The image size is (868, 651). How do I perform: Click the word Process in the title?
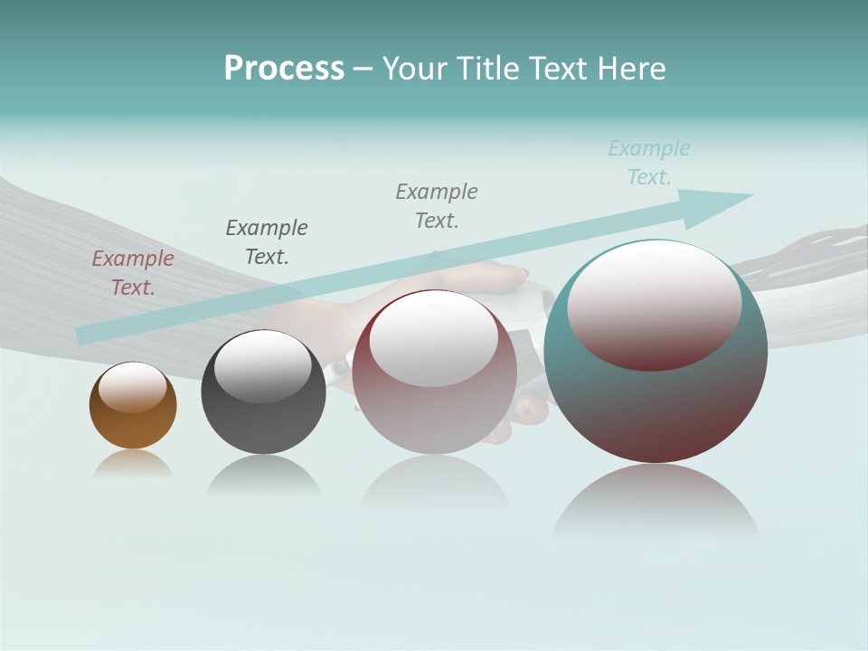click(x=284, y=68)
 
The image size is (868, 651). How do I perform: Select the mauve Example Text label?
click(x=133, y=273)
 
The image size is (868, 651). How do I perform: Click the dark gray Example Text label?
click(x=267, y=241)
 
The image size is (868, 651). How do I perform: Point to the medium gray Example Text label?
click(x=437, y=205)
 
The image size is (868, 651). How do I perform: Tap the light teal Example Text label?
click(x=649, y=163)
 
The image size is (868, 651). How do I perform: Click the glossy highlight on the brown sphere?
click(x=133, y=387)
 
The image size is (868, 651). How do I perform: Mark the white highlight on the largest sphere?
click(x=654, y=303)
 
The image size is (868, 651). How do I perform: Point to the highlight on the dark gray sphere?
click(x=263, y=366)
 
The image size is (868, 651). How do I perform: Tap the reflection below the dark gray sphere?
click(x=263, y=476)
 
